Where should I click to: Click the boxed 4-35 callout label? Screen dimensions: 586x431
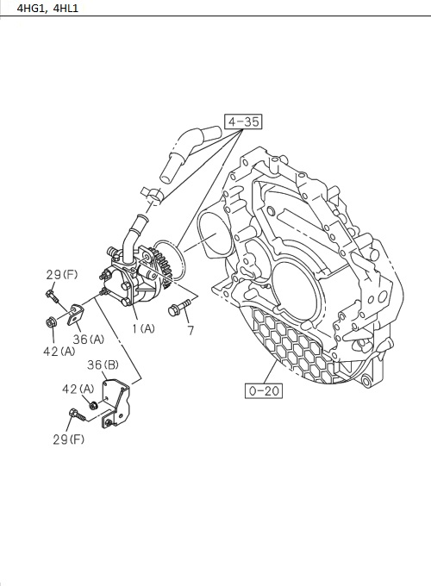(242, 122)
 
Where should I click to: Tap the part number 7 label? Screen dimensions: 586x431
(191, 331)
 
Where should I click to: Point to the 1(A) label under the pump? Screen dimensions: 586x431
(143, 329)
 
